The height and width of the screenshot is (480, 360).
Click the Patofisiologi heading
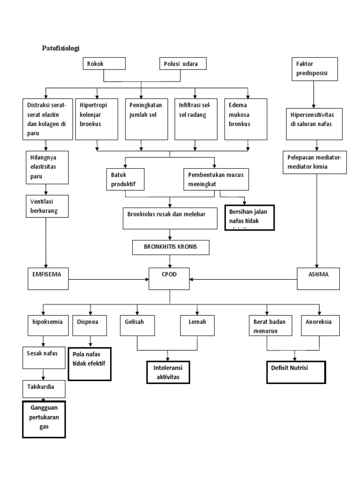pyautogui.click(x=61, y=48)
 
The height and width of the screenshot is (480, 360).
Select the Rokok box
pyautogui.click(x=104, y=64)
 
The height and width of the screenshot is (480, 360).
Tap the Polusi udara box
pyautogui.click(x=182, y=64)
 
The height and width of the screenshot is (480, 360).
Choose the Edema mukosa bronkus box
pyautogui.click(x=246, y=119)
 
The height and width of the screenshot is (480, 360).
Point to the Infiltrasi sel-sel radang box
pyautogui.click(x=195, y=119)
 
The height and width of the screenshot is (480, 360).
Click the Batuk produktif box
pyautogui.click(x=125, y=179)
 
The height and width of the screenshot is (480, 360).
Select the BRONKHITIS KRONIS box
pyautogui.click(x=170, y=247)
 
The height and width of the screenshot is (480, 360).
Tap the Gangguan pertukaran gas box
pyautogui.click(x=44, y=419)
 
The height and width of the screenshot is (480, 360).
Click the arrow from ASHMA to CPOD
pyautogui.click(x=244, y=280)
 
